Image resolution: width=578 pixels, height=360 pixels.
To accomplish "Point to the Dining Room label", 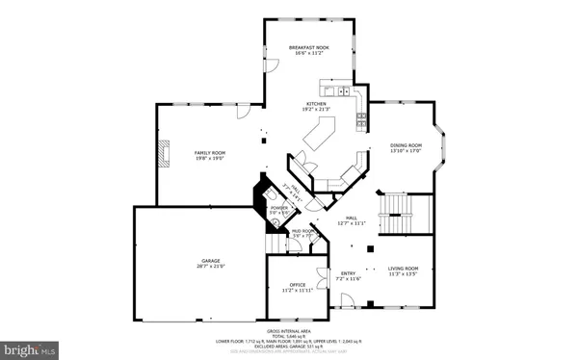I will tap(406, 145).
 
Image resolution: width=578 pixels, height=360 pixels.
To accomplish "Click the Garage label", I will tap(210, 261).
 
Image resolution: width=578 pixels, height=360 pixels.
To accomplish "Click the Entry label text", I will tap(348, 274).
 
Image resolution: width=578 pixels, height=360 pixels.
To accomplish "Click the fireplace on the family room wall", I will tap(165, 153).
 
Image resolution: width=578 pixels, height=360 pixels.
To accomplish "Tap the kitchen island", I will tap(319, 141).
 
